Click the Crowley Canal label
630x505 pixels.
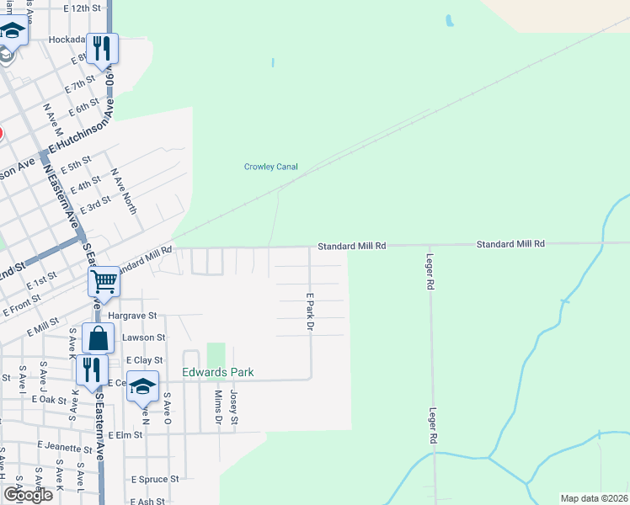tap(270, 167)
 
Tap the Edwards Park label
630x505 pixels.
tap(218, 372)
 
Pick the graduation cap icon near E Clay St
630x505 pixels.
tap(143, 386)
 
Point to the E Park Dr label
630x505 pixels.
tap(310, 311)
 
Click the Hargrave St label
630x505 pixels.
tap(140, 315)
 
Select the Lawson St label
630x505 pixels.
tap(138, 338)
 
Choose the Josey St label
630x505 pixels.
tap(234, 407)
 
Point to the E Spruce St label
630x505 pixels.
tap(154, 479)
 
